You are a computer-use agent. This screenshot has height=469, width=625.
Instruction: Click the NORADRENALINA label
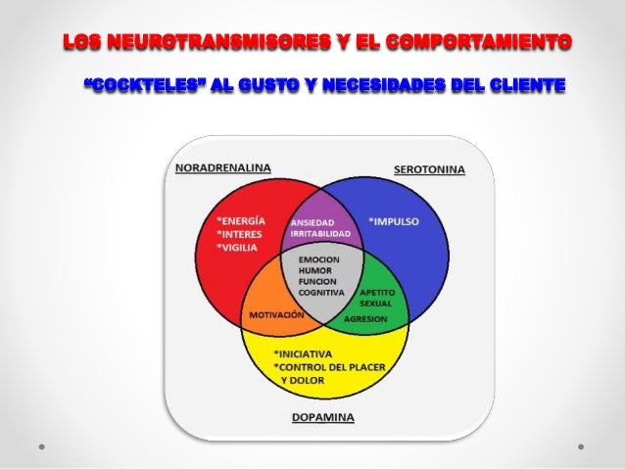point(223,167)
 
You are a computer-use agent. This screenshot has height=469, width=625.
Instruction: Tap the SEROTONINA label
point(429,169)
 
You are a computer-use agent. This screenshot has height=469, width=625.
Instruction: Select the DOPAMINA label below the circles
point(323,417)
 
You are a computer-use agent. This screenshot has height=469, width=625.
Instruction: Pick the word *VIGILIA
point(241,248)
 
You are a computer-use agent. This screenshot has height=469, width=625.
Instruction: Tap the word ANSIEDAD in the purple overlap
point(313,222)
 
